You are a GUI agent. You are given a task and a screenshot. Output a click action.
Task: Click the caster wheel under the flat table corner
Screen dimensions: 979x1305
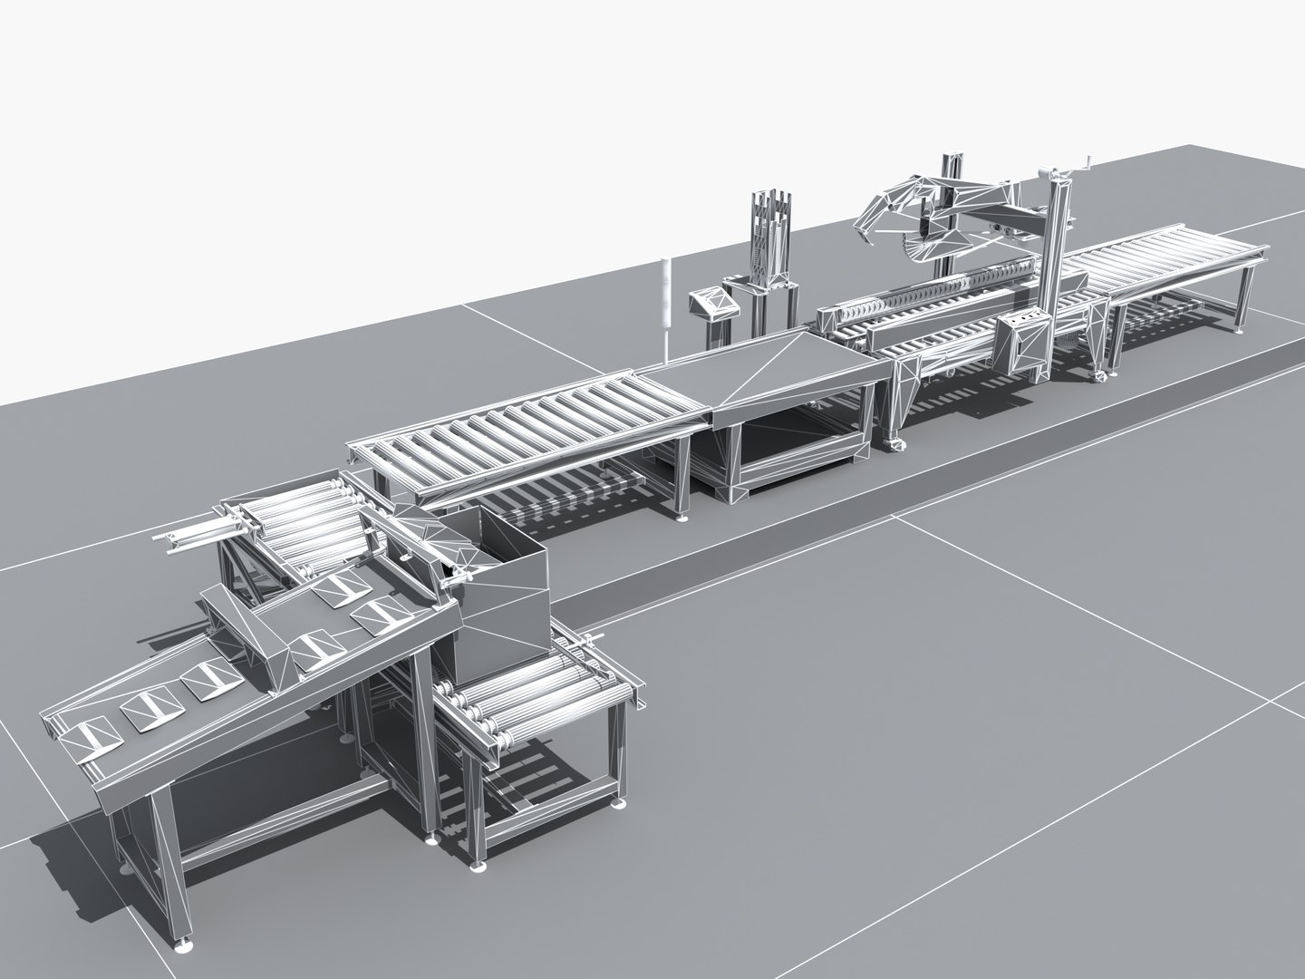tap(895, 443)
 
